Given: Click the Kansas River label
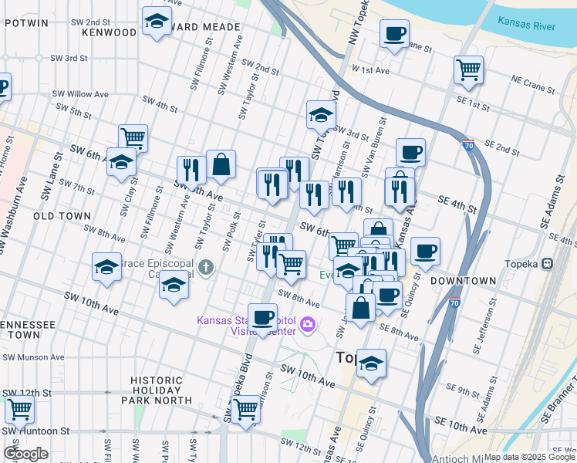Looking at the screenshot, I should [526, 25].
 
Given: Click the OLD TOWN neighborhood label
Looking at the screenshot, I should [62, 216].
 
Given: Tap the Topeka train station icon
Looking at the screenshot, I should [548, 262].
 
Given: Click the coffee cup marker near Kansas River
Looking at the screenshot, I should [394, 34].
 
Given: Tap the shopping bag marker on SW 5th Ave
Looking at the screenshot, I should [221, 164].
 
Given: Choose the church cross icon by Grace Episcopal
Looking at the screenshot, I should [205, 268].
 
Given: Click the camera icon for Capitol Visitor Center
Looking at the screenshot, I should [308, 325].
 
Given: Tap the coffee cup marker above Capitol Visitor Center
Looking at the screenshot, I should [263, 317].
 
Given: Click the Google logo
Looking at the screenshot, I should [25, 454].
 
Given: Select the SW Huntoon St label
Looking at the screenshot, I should [37, 431].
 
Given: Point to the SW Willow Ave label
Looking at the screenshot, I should [80, 94].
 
